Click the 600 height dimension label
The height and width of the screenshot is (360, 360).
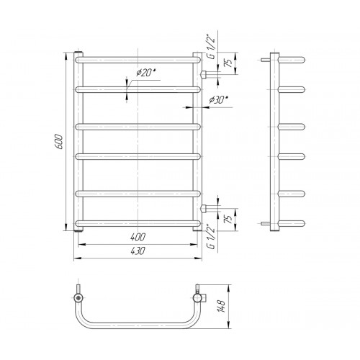[x=60, y=142]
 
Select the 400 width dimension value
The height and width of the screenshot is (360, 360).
[x=138, y=237]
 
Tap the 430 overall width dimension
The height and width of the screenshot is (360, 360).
[x=138, y=251]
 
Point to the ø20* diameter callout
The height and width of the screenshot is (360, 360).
[x=146, y=72]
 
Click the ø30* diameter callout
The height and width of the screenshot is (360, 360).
[x=218, y=99]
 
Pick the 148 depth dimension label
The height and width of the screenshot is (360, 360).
[x=222, y=306]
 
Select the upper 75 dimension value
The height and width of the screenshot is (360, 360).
[x=229, y=63]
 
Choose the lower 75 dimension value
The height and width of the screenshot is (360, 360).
[x=229, y=220]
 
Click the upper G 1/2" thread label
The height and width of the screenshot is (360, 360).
[x=211, y=48]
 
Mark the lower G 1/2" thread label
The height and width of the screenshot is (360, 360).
[x=211, y=236]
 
